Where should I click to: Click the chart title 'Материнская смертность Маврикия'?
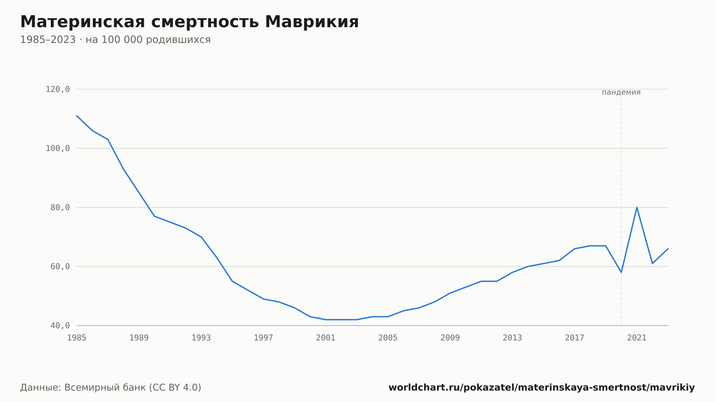point(189,22)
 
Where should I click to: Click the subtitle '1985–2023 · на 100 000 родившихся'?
point(115,40)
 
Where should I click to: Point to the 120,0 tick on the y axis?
point(58,89)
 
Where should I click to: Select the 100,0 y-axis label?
point(58,148)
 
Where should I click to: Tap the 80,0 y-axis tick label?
point(60,207)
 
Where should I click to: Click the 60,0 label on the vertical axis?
point(60,266)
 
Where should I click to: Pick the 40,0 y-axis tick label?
point(60,325)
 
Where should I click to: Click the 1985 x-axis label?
point(77,338)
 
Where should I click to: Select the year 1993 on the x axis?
point(201,338)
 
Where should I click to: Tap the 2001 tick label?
point(326,338)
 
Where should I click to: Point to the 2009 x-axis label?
point(450,338)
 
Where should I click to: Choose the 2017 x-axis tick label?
point(575,338)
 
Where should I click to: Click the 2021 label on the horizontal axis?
point(637,338)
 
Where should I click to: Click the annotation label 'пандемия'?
point(621,93)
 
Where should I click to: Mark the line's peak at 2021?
point(637,207)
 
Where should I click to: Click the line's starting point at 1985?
point(77,116)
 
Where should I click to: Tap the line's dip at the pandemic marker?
point(621,272)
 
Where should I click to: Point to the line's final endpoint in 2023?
point(668,249)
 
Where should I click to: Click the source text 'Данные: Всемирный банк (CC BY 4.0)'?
point(111,388)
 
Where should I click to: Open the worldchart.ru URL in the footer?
point(542,388)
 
